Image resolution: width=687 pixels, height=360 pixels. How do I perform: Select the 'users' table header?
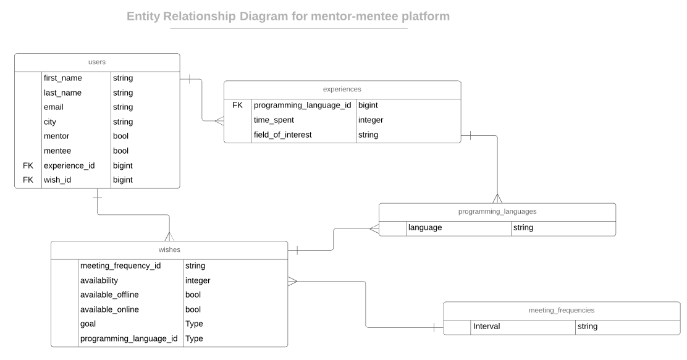pyautogui.click(x=97, y=62)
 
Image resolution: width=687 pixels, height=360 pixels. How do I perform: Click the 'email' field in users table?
pyautogui.click(x=54, y=107)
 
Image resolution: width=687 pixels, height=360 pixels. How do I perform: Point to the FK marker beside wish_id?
pyautogui.click(x=28, y=180)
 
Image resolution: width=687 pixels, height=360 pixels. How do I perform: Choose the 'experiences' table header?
pyautogui.click(x=342, y=90)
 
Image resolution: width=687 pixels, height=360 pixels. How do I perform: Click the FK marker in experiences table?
pyautogui.click(x=237, y=106)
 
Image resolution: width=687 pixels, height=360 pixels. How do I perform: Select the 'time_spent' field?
pyautogui.click(x=274, y=120)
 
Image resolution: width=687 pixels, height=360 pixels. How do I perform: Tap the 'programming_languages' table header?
pyautogui.click(x=497, y=211)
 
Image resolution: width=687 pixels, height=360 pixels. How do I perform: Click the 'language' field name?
pyautogui.click(x=424, y=228)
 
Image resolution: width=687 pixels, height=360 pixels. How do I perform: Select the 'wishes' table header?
pyautogui.click(x=169, y=250)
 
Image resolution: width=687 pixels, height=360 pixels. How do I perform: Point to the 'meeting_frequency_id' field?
pyautogui.click(x=120, y=266)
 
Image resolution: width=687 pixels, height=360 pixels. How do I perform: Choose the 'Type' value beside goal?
pyautogui.click(x=194, y=324)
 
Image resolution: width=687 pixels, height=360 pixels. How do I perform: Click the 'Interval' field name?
pyautogui.click(x=486, y=327)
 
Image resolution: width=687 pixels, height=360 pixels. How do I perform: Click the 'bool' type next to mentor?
pyautogui.click(x=120, y=136)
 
